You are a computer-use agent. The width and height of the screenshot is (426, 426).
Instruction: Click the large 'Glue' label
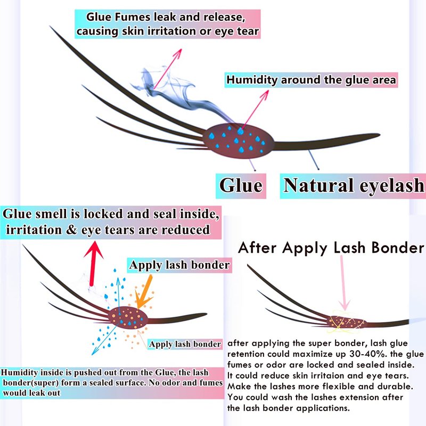click(x=241, y=185)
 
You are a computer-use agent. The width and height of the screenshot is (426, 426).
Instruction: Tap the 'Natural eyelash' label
click(x=354, y=185)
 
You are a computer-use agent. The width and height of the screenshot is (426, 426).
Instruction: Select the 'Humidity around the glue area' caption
click(x=312, y=80)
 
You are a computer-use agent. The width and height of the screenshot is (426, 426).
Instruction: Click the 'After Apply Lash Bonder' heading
click(x=330, y=248)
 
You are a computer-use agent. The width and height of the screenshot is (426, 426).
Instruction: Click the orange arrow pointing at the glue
click(x=144, y=291)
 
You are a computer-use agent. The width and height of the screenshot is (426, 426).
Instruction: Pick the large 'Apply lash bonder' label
click(x=179, y=265)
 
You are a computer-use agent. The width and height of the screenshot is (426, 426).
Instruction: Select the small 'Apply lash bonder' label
click(x=185, y=345)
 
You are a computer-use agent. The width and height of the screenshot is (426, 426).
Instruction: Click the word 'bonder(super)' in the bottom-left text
click(x=32, y=383)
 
